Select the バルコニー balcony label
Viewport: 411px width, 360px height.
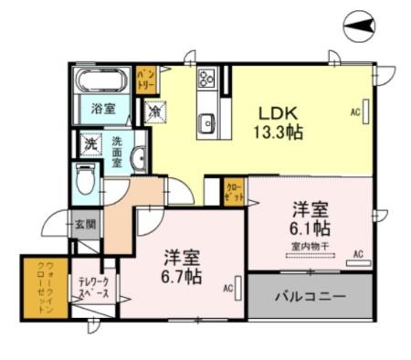(311, 297)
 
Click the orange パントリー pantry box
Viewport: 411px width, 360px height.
(145, 79)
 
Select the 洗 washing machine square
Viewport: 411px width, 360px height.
(90, 144)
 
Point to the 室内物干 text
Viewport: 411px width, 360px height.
(311, 246)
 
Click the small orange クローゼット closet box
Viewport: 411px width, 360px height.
(234, 191)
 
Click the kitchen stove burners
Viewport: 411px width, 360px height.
(205, 77)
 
